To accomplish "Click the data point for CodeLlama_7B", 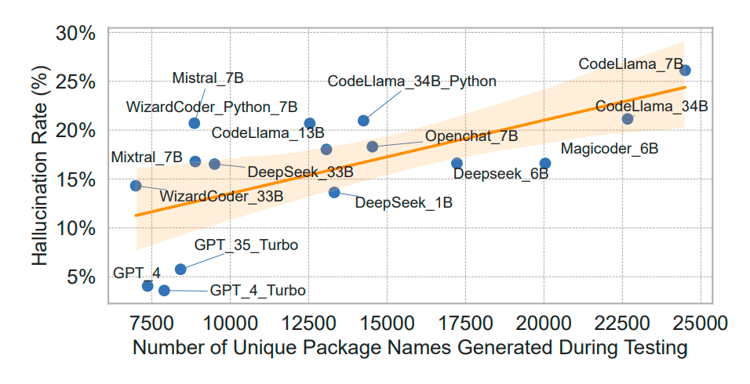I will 685,71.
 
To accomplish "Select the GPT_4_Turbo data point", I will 164,291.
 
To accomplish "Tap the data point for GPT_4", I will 147,286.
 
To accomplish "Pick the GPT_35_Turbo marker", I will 180,270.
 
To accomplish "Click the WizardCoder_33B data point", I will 136,186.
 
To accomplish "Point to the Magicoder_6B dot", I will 545,164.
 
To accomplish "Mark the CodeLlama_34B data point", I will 628,119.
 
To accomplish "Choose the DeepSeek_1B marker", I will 334,192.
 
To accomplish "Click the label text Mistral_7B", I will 208,78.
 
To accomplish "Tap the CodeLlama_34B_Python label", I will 412,81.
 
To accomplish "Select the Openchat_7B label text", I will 471,136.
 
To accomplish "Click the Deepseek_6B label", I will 501,175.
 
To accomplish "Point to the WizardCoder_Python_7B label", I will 212,107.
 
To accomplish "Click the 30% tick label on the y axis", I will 77,34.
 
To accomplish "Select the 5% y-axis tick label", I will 82,277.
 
